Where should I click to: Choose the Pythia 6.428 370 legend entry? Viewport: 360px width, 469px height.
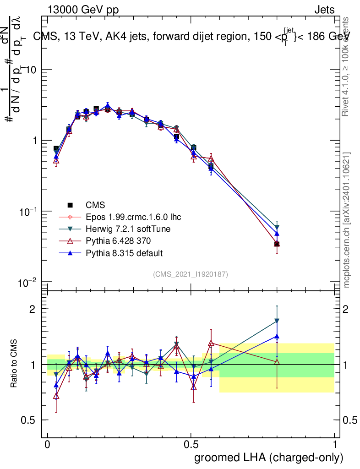119,241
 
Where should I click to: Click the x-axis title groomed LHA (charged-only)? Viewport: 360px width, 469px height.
269,457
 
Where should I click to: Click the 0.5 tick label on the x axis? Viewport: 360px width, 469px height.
191,445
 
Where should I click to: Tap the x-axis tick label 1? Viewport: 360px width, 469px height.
335,445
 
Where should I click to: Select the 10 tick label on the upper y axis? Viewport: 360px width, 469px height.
31,70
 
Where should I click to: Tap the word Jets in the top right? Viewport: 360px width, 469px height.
324,11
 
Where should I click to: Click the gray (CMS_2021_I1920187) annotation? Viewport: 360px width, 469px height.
191,274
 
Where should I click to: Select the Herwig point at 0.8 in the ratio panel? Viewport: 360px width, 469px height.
277,321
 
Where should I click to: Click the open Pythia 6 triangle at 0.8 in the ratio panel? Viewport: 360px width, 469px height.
277,362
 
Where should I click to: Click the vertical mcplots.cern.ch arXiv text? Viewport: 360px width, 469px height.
347,220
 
